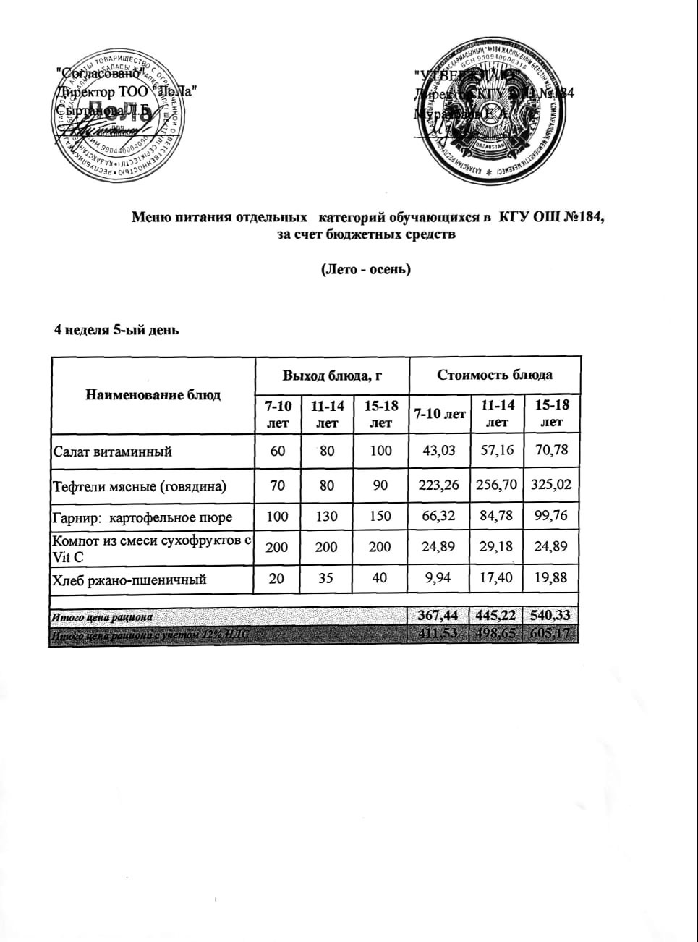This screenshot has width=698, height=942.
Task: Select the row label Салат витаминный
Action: coord(113,451)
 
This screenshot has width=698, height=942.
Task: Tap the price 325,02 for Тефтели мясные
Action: coord(552,485)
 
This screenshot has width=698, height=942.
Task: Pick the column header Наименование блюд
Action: coord(153,395)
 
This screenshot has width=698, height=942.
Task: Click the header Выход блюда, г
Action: coord(332,375)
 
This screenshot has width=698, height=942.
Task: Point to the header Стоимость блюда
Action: coord(495,375)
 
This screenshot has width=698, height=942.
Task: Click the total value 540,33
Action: coord(552,616)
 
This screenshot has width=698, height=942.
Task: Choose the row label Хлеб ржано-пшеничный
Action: coord(130,580)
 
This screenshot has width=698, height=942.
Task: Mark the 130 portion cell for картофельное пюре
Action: coord(327,517)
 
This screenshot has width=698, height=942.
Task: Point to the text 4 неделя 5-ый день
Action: coord(117,330)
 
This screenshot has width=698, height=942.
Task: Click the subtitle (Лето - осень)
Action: coord(365,269)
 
